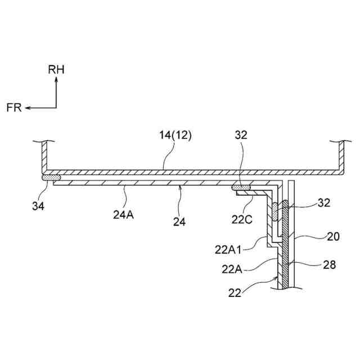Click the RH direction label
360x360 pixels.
click(x=56, y=69)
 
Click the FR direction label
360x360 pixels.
click(x=15, y=107)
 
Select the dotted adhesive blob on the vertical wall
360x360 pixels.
click(x=277, y=213)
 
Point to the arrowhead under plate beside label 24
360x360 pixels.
click(x=179, y=187)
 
